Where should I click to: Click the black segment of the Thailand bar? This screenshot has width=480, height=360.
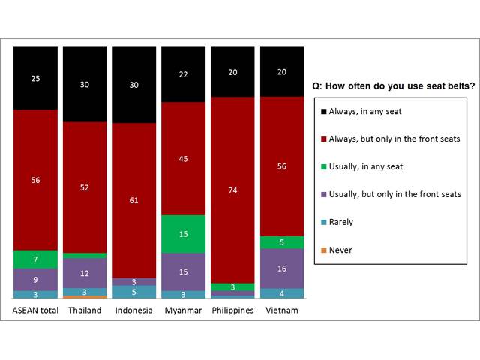85,84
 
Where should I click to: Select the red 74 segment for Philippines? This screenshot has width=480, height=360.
232,190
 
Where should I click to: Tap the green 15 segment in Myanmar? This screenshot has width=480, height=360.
183,234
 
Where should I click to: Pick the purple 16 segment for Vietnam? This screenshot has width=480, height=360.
282,268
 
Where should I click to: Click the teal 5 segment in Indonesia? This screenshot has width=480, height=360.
134,292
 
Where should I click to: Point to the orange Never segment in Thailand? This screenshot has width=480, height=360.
85,297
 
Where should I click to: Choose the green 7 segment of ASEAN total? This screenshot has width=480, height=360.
35,259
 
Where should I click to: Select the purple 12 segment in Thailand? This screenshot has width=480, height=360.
85,273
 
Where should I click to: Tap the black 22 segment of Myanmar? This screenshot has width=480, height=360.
183,74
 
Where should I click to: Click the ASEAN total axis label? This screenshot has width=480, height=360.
35,310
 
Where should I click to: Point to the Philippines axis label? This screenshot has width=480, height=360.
232,310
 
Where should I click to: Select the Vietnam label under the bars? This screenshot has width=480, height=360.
282,310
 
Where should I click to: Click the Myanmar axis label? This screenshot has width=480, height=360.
183,310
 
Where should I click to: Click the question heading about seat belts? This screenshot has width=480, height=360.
387,85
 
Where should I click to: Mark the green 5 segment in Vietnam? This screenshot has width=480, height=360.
282,241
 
